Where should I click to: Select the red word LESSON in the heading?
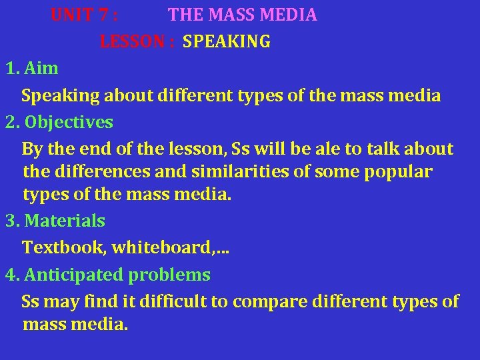coord(133,42)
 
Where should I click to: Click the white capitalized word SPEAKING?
coord(227,42)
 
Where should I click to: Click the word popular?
coord(399,172)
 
